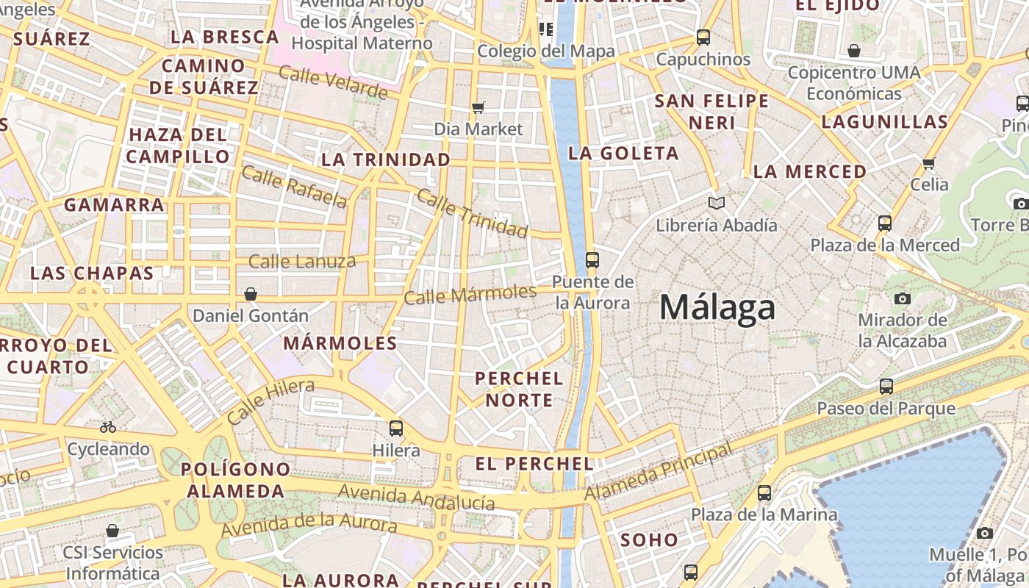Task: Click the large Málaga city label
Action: [x=717, y=307]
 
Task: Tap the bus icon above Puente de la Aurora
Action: [x=592, y=259]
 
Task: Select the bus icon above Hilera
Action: [x=396, y=428]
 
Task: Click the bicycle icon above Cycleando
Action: [x=108, y=426]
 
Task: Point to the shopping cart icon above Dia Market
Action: [x=478, y=107]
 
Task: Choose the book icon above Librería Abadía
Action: [x=716, y=202]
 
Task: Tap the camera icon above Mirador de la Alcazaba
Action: [x=902, y=298]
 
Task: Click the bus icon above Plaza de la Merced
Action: [x=885, y=223]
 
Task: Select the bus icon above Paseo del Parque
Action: [x=886, y=386]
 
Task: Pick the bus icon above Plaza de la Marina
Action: [x=764, y=492]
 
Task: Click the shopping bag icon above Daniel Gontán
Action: [x=251, y=294]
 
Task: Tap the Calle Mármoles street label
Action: [x=470, y=294]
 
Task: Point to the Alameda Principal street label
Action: [x=659, y=472]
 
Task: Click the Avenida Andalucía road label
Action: [x=416, y=498]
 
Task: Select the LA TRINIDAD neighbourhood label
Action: [x=386, y=159]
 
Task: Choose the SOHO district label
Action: [x=649, y=540]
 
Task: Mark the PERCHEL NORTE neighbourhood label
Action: [x=519, y=390]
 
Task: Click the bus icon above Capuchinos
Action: [x=703, y=37]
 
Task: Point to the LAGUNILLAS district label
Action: [x=884, y=122]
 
